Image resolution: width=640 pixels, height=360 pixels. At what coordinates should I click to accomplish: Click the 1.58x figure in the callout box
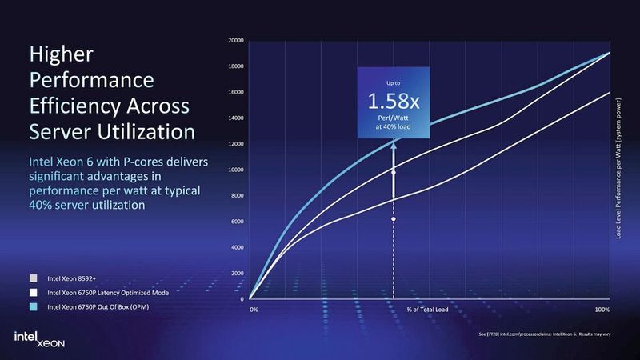pos(392,102)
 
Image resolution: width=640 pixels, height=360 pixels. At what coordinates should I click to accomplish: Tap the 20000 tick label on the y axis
pos(236,40)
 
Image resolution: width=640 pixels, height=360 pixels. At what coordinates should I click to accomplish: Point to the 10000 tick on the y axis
pos(236,170)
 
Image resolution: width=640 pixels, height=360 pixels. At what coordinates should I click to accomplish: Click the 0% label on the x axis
pos(254,309)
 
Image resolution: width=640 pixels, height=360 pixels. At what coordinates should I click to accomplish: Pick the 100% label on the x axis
pos(603,309)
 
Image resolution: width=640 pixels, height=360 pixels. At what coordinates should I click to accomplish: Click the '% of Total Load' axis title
pos(425,309)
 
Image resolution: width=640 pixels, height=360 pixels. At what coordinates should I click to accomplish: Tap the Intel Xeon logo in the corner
pos(38,338)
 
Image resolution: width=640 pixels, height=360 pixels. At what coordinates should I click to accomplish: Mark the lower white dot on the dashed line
pos(393,218)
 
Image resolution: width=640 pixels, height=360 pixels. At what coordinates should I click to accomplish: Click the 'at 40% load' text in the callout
pos(392,128)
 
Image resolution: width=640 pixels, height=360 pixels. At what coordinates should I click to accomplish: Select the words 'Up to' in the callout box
pos(392,82)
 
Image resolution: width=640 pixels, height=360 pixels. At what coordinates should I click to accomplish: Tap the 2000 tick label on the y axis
pos(238,274)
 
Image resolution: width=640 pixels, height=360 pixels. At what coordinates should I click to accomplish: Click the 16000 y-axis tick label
pos(236,92)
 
